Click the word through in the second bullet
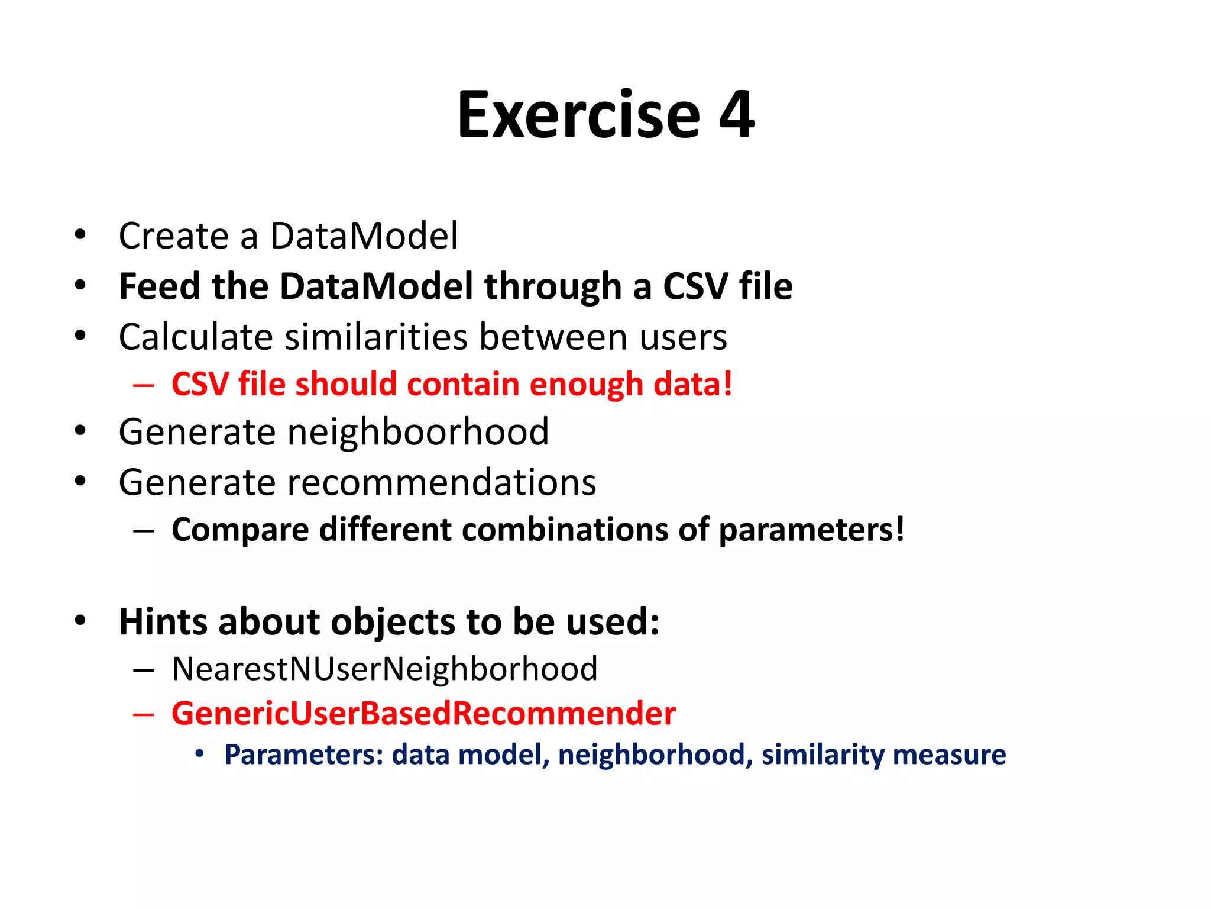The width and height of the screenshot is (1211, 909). point(552,288)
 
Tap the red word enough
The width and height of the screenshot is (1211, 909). point(585,385)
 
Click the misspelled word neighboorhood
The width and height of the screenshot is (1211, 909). point(417,432)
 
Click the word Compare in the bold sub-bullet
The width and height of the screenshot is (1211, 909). point(240,530)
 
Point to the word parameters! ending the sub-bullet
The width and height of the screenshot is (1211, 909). point(811,530)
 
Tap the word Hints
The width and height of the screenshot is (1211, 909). point(163,622)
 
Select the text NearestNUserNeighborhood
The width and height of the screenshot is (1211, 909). point(384,669)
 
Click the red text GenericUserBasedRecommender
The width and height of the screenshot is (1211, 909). point(423,714)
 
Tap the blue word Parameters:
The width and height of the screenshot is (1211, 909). point(304,755)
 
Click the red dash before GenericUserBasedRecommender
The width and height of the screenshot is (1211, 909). point(144,714)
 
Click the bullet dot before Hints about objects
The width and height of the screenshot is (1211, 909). point(80,621)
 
